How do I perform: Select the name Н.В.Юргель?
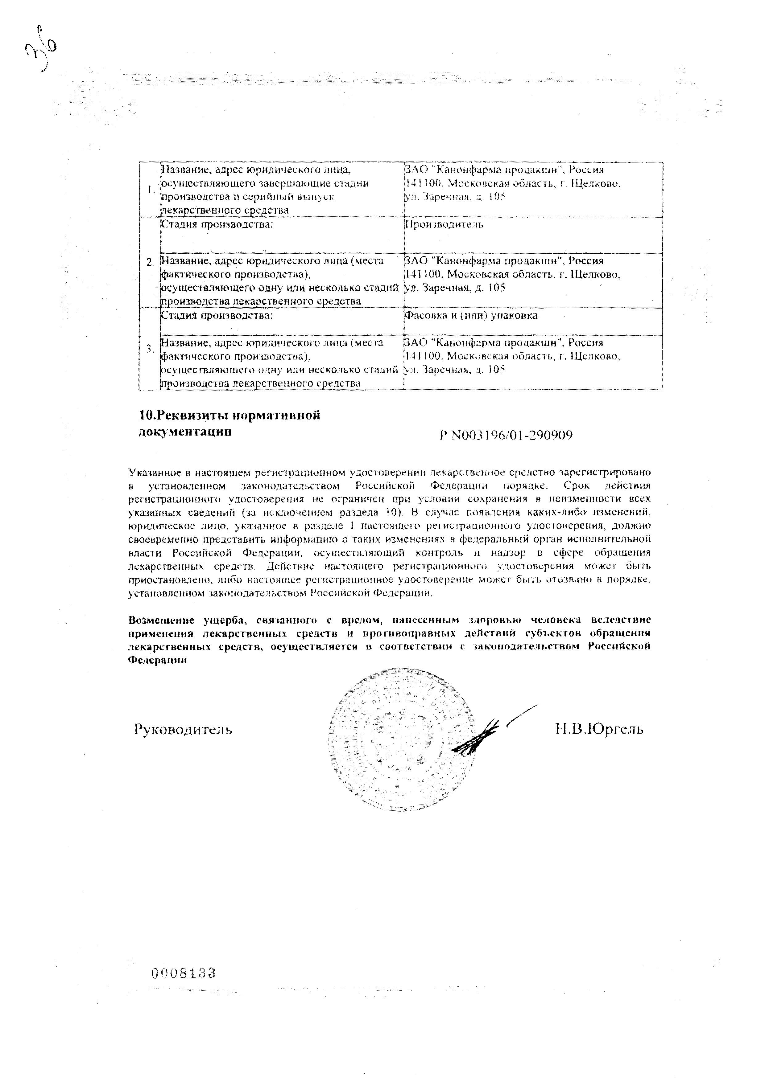[599, 729]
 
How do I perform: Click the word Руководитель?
[183, 729]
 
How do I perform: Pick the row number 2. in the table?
[150, 263]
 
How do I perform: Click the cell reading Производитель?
[444, 224]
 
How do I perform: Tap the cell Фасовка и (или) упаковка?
[471, 315]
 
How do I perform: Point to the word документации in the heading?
[185, 431]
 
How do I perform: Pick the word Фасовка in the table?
[424, 315]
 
